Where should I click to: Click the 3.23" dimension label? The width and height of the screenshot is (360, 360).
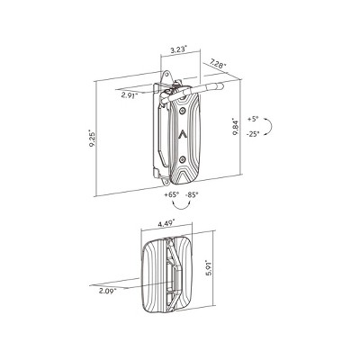point(178,49)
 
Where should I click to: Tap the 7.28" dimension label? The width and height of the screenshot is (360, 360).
point(218,64)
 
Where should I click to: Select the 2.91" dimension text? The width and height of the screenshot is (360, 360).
point(129,95)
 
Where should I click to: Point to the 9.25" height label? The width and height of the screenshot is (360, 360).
point(92,138)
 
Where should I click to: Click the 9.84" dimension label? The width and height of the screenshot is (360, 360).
point(236,128)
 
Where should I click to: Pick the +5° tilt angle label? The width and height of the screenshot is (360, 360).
point(253,119)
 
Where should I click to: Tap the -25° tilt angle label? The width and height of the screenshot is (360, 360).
point(253,134)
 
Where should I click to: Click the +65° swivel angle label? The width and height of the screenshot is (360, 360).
point(172,194)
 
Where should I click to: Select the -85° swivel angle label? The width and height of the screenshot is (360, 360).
point(192,194)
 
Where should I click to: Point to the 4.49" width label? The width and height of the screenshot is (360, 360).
point(166,223)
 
